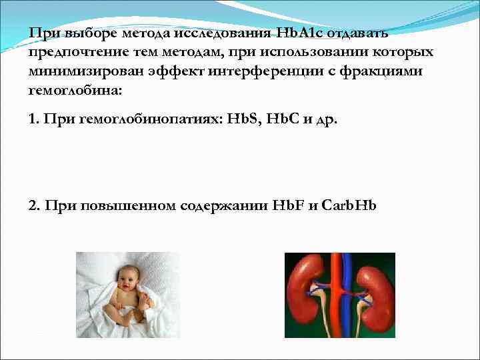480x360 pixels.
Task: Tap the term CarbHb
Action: [x=349, y=205]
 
